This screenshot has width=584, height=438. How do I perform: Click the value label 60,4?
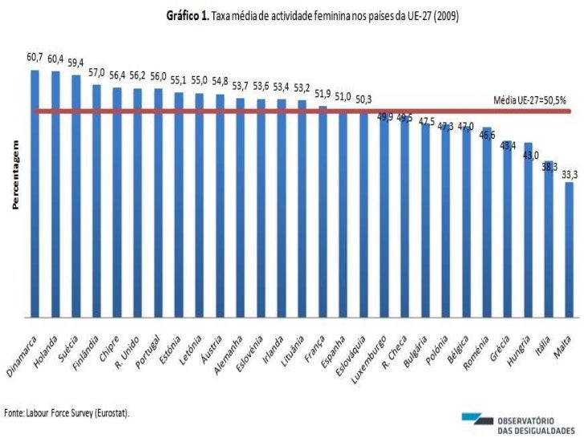point(55,59)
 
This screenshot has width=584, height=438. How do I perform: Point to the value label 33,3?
point(570,172)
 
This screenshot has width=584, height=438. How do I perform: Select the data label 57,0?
point(96,72)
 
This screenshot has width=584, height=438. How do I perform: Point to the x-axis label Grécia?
point(501,343)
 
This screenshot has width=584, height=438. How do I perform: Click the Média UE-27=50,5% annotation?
point(529,101)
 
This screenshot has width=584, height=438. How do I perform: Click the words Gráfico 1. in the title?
point(186,15)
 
